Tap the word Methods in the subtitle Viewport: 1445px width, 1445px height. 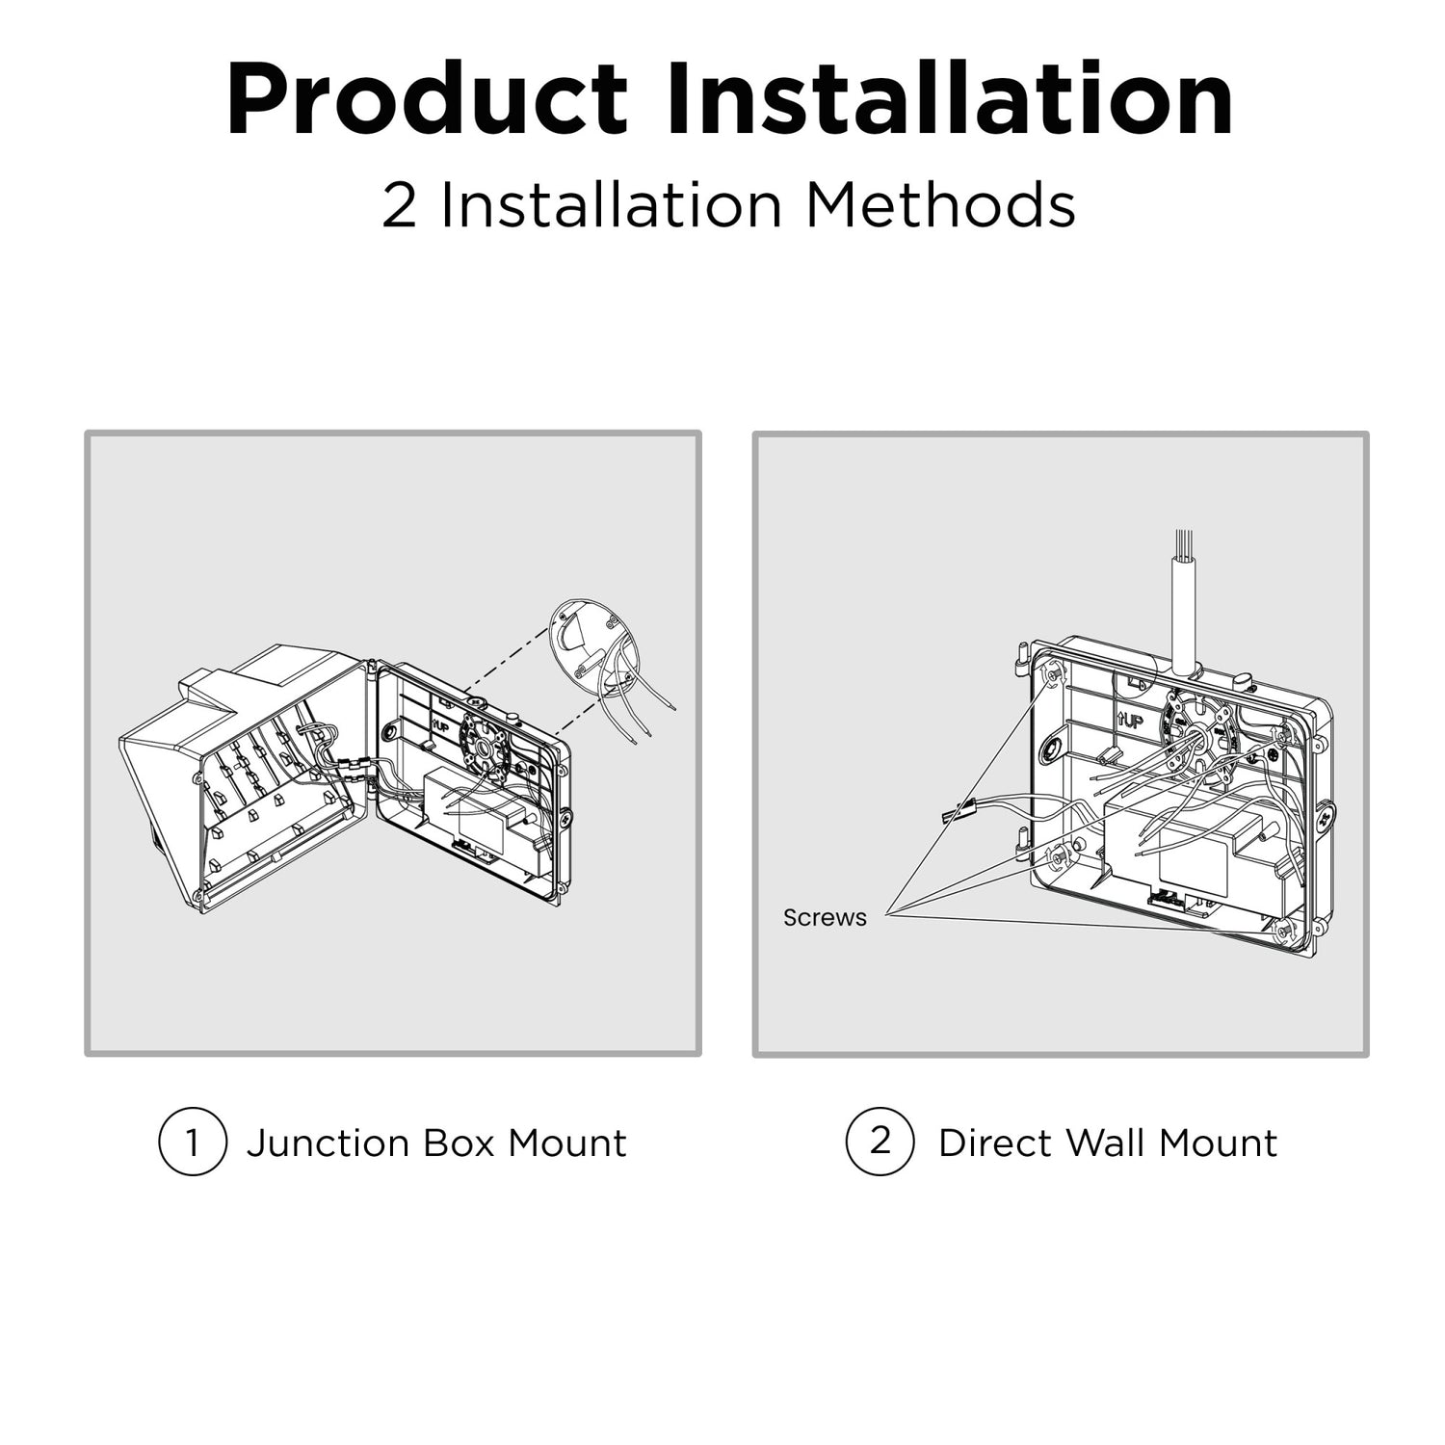[940, 205]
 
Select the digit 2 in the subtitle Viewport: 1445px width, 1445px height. [399, 206]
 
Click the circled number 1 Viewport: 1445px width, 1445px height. [193, 1143]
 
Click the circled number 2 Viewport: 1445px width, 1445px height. [880, 1142]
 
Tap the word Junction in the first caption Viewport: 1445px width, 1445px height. [328, 1143]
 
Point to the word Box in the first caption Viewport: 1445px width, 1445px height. [460, 1143]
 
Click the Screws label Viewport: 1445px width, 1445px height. [825, 918]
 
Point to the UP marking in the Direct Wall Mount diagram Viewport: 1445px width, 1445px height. [1129, 719]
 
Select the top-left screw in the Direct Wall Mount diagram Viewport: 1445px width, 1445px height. [1054, 672]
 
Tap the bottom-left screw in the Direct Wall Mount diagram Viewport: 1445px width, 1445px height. [1060, 853]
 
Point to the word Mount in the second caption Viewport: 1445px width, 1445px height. [1219, 1143]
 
